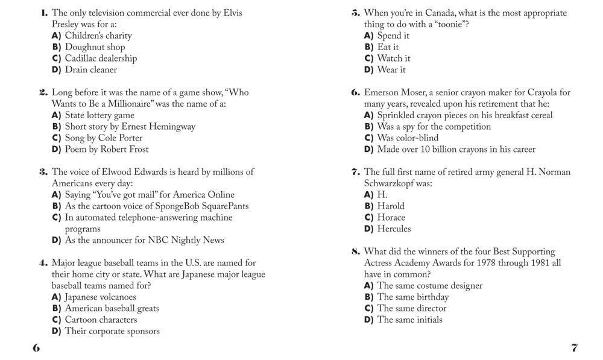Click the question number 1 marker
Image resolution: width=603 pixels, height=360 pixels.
tap(44, 13)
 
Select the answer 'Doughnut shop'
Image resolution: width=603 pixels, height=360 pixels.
tap(95, 47)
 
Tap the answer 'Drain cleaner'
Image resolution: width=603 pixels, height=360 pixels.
tap(90, 70)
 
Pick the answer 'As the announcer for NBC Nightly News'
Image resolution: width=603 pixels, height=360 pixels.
tap(144, 240)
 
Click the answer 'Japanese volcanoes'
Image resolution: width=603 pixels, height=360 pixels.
tap(100, 297)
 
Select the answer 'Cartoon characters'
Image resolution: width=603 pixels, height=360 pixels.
tap(101, 320)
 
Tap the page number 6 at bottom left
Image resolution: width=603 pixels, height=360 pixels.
tap(36, 348)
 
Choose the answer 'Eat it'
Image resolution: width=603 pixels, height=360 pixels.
tap(388, 47)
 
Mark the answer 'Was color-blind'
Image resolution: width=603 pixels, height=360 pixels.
tap(408, 138)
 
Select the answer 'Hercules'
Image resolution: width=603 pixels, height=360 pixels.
tap(394, 229)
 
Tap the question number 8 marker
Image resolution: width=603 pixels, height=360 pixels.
tap(356, 252)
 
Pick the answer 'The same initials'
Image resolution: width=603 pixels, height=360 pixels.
tap(409, 320)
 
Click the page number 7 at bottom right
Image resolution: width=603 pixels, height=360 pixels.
tap(574, 348)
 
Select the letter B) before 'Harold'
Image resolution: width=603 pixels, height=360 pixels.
tap(368, 206)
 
